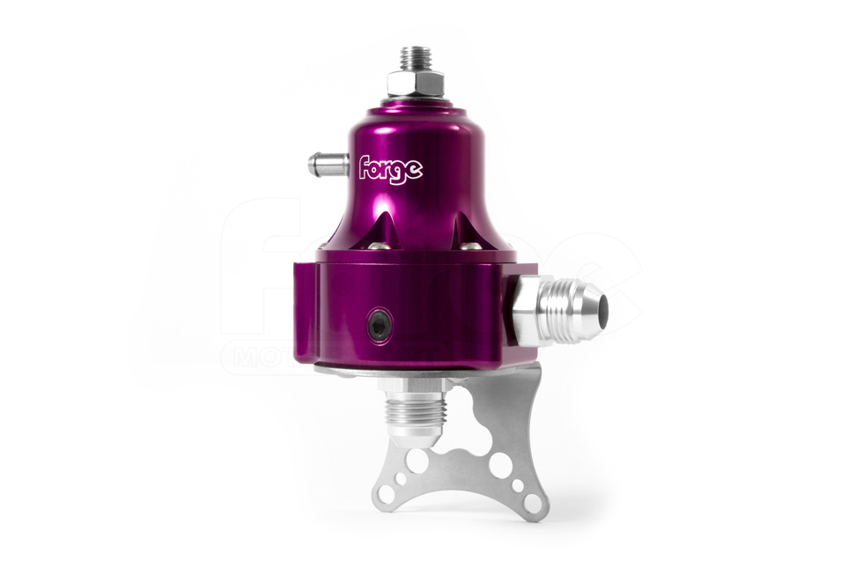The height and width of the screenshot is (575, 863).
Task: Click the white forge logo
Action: tap(390, 168)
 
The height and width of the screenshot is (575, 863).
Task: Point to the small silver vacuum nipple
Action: tap(321, 164)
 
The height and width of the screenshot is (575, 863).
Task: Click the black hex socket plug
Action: tap(379, 325)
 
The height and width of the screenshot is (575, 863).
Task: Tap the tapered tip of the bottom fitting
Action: tap(417, 439)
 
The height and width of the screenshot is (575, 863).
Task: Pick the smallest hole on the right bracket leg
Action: tap(518, 486)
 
